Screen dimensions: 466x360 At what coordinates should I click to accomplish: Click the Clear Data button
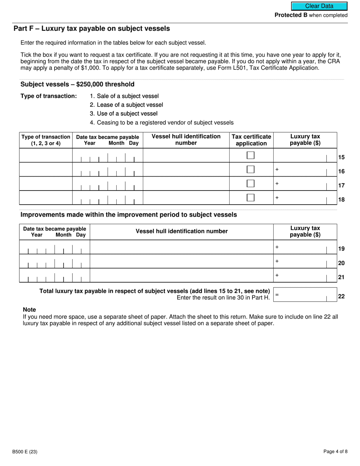[x=319, y=6]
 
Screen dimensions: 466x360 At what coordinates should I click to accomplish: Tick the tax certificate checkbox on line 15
[x=250, y=155]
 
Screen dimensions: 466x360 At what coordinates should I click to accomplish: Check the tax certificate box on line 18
[x=250, y=197]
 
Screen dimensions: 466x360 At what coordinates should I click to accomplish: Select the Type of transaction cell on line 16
[x=46, y=169]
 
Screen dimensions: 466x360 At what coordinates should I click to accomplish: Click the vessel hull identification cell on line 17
[x=186, y=183]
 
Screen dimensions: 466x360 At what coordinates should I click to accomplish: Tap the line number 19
[x=341, y=249]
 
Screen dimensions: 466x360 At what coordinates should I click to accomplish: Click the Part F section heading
[x=92, y=29]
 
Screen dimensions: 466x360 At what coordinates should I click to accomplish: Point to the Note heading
[x=29, y=310]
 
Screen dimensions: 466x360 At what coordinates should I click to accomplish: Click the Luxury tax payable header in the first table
[x=305, y=140]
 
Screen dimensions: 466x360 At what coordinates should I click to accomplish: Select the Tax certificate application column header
[x=251, y=140]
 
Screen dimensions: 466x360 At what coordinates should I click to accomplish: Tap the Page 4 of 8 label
[x=335, y=452]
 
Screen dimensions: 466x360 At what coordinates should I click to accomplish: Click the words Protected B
[x=291, y=15]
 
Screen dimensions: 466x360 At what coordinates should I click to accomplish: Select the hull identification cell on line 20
[x=182, y=261]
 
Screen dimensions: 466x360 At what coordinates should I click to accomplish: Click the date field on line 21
[x=55, y=275]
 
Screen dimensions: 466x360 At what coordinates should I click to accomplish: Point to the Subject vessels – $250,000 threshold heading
[x=77, y=84]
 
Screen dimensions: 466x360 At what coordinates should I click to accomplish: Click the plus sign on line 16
[x=277, y=169]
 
